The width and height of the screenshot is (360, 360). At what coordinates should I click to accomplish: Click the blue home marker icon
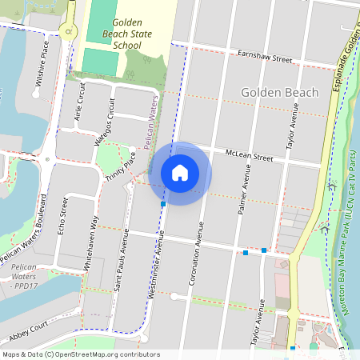[x=179, y=173]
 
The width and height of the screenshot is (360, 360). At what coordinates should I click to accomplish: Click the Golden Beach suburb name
[x=279, y=93]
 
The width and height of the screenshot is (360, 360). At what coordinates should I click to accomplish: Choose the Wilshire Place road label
[x=42, y=64]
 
